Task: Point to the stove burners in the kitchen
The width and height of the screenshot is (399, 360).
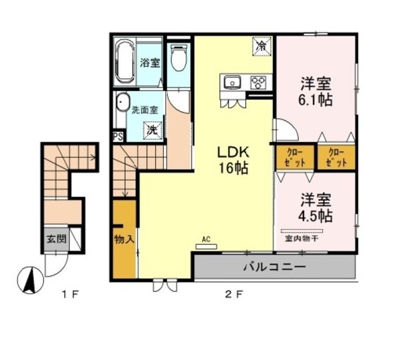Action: pos(258,82)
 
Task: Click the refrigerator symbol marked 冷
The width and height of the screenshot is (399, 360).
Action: pos(262,46)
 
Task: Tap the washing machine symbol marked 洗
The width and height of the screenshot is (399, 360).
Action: pos(151,130)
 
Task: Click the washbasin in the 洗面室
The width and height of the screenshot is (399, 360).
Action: pos(122,104)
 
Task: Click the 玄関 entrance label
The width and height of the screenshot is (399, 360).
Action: pos(52,238)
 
